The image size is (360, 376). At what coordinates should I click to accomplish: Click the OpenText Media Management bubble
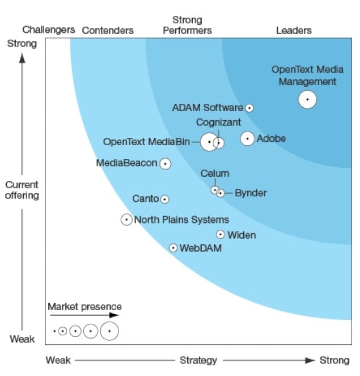pos(307,99)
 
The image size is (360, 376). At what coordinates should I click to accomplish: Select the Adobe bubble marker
pos(247,138)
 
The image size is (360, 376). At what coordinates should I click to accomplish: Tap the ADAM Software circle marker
pos(249,108)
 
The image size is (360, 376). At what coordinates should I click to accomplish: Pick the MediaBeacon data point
pos(165,164)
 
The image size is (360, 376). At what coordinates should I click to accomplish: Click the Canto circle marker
pos(164,199)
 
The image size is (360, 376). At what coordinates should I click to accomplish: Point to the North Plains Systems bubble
pos(126,219)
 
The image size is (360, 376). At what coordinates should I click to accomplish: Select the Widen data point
pos(221,234)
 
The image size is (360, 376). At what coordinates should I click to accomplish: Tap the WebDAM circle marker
pos(173,248)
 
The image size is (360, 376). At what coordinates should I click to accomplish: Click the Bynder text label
pos(251,193)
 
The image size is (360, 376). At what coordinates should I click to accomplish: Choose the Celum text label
pos(215,174)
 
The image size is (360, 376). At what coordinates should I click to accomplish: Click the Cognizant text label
pos(219,122)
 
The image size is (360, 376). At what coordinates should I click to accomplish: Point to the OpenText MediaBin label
pos(146,142)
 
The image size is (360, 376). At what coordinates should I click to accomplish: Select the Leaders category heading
pos(294,31)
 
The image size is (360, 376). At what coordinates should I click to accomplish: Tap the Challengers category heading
pos(49,29)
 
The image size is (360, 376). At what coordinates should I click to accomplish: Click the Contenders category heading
pos(108,31)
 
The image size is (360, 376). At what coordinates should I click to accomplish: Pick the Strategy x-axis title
pos(198,360)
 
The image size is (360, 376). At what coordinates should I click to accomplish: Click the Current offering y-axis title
pos(22,190)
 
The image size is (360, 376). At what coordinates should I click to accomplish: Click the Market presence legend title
pos(84,307)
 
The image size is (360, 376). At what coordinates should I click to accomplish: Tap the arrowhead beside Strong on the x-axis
pos(311,360)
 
